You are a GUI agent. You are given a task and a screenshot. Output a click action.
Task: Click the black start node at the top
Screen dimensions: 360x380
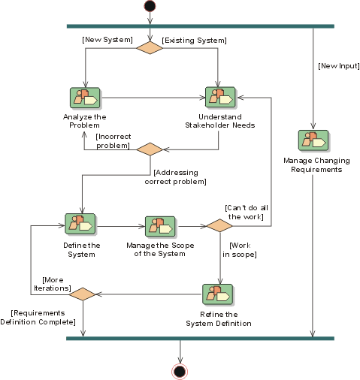coord(150,6)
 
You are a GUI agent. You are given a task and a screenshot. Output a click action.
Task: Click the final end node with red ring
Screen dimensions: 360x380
coord(180,372)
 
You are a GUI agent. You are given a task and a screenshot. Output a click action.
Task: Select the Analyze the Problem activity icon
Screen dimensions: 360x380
coord(85,98)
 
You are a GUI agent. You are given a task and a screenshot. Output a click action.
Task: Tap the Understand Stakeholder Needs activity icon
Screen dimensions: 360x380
coord(220,98)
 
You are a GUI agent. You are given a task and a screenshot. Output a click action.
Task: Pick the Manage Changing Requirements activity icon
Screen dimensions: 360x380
coord(313,140)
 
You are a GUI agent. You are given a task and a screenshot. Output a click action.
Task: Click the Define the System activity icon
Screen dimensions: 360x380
coord(80,224)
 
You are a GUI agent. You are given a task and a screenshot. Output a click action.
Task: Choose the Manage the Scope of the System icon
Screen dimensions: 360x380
coord(160,227)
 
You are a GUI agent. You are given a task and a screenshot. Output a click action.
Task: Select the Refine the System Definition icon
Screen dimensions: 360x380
coord(217,294)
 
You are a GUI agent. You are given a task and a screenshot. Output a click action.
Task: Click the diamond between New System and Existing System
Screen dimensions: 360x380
coord(150,48)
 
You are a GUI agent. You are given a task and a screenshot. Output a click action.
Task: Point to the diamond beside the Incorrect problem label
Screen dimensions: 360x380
coord(150,149)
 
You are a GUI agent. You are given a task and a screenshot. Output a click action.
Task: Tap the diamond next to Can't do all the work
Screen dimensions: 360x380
coord(219,225)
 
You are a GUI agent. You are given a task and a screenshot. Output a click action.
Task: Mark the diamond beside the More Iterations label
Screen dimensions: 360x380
coord(83,294)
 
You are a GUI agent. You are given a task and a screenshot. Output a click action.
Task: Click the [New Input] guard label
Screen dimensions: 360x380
coord(339,66)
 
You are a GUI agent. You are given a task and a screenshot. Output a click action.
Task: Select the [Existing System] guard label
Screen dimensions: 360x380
coord(194,41)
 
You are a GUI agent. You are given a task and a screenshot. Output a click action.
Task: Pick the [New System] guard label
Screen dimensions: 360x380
coord(107,40)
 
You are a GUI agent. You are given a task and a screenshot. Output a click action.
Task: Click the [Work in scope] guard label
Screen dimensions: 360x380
coord(240,250)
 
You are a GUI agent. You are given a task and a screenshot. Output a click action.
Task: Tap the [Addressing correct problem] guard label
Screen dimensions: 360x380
coord(175,177)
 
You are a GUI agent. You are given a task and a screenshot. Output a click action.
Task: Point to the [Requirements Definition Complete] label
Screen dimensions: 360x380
coord(38,318)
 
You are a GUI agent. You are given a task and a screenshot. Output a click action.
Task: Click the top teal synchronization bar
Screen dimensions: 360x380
coord(201,26)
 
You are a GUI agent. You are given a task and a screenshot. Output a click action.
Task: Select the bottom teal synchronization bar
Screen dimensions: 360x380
coord(200,339)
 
